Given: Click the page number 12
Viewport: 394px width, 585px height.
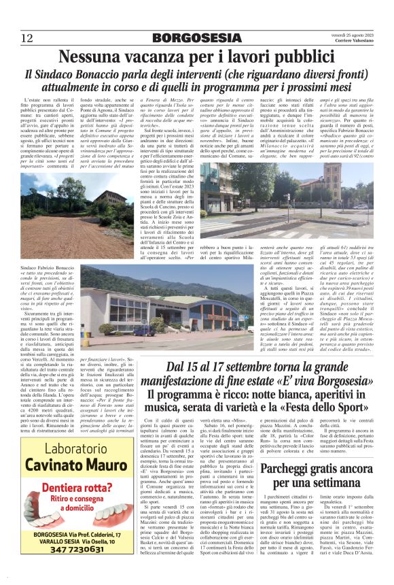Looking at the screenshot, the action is click(26, 37).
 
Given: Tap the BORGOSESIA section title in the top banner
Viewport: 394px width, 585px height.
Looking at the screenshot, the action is click(196, 37).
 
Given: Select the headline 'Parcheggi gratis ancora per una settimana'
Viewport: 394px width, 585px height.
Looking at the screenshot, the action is click(316, 458).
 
